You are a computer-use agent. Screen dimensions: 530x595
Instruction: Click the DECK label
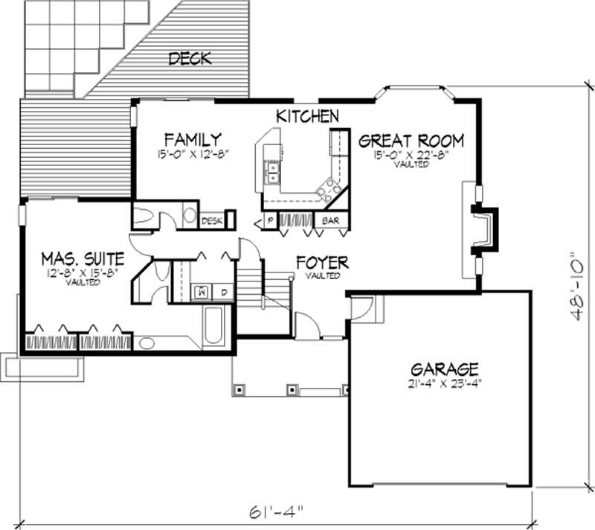pyautogui.click(x=190, y=58)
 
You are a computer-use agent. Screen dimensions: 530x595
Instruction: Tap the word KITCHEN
pyautogui.click(x=308, y=117)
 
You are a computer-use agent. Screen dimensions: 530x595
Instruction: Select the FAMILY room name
pyautogui.click(x=193, y=139)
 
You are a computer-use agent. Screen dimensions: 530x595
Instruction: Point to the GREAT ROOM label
pyautogui.click(x=411, y=141)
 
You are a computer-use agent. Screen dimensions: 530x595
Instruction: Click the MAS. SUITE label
pyautogui.click(x=83, y=260)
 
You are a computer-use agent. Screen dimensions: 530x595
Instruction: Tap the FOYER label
pyautogui.click(x=322, y=263)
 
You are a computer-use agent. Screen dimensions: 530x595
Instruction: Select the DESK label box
pyautogui.click(x=212, y=220)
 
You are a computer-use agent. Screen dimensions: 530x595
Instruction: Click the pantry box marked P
pyautogui.click(x=268, y=221)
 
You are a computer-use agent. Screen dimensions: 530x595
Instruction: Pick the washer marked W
pyautogui.click(x=202, y=292)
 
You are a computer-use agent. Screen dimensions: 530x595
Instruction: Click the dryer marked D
pyautogui.click(x=224, y=292)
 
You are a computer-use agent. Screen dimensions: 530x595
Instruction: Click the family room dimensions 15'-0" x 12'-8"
pyautogui.click(x=193, y=155)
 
